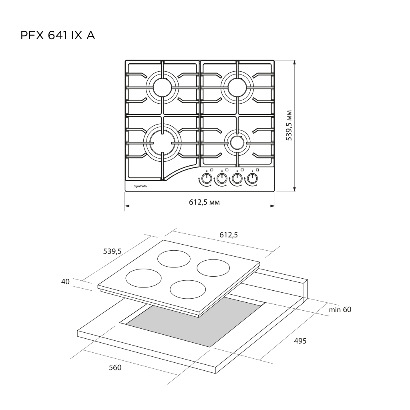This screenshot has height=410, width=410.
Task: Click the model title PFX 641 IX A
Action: (58, 36)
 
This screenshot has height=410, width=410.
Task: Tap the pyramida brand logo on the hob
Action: (140, 186)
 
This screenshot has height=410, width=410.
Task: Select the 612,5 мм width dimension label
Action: (204, 202)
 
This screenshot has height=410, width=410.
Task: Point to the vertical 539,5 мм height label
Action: (289, 125)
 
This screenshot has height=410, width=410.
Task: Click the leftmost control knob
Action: (207, 179)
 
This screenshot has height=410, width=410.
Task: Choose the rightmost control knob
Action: (252, 179)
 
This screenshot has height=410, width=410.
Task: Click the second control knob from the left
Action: (222, 179)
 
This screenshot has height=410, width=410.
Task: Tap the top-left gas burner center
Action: (162, 88)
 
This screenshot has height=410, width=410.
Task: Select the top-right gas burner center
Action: (237, 88)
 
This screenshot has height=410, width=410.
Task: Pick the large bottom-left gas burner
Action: (162, 143)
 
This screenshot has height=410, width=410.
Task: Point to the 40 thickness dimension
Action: (65, 281)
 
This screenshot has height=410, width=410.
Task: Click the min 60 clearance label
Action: (340, 310)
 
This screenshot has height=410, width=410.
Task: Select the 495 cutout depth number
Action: (300, 341)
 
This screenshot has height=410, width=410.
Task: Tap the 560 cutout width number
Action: (115, 368)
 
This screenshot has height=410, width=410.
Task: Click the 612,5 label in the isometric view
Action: (229, 235)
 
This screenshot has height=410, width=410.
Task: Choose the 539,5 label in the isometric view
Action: (113, 251)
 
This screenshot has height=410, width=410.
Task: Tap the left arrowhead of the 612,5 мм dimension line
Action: (127, 206)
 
